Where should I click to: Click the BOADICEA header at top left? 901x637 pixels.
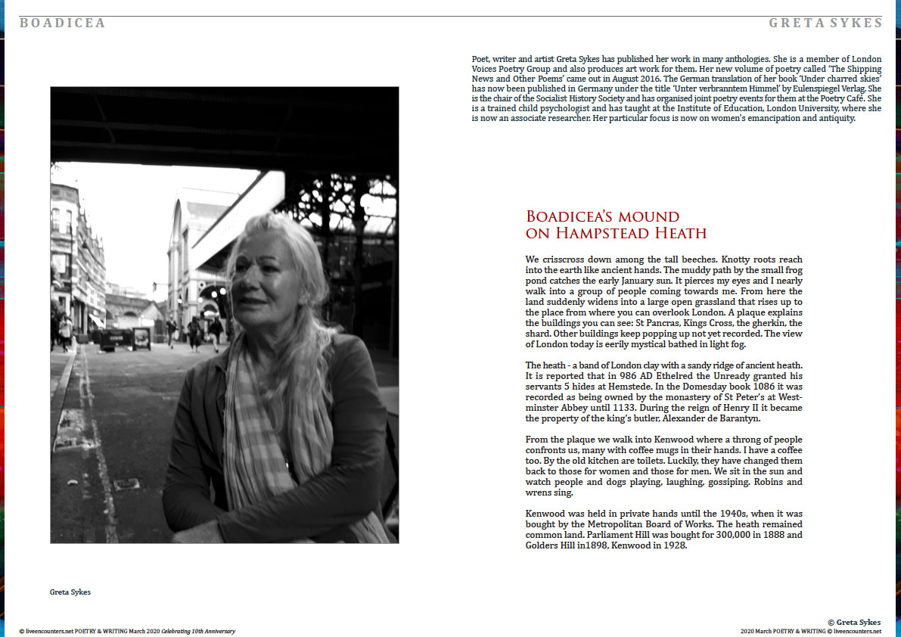point(63,23)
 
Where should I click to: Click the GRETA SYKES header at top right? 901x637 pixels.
point(825,23)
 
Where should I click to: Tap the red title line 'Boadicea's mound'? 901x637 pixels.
point(602,217)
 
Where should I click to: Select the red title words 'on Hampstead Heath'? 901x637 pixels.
point(616,233)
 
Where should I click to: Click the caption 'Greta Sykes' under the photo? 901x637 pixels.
point(70,592)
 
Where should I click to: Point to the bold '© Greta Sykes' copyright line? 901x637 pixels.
point(854,622)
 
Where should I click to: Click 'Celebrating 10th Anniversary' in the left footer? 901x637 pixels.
point(199,631)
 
